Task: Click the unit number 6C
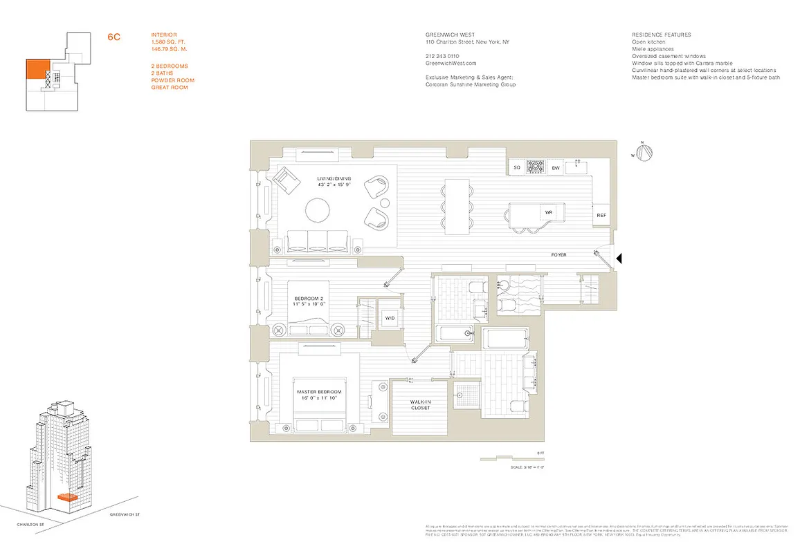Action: (x=114, y=37)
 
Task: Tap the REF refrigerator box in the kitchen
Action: (x=601, y=216)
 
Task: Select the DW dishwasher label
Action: (x=555, y=168)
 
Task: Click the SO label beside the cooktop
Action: (x=516, y=168)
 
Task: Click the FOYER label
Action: (x=558, y=255)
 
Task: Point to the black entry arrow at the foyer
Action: (x=620, y=259)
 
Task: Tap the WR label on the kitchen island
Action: (x=547, y=212)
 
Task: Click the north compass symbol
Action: (x=644, y=153)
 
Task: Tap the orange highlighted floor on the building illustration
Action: (x=67, y=496)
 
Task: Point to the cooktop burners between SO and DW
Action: (x=536, y=167)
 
